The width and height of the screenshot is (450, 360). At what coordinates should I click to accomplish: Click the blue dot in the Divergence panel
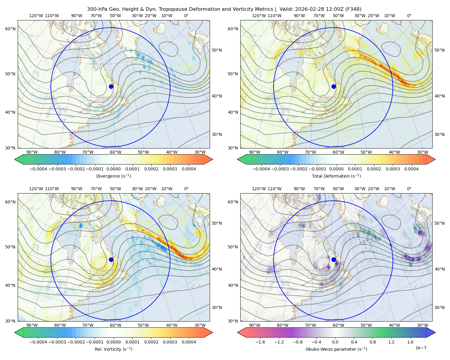pos(111,86)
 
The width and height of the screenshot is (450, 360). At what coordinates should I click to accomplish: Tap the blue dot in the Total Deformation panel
pos(334,86)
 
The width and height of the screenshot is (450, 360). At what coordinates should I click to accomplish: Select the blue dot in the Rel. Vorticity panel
pos(111,259)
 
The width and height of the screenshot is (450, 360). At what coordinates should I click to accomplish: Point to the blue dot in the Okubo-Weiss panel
pos(334,259)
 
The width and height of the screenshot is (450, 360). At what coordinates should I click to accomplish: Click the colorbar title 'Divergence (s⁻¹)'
pos(113,176)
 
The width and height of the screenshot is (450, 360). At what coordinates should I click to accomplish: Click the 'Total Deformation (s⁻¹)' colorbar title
pos(336,176)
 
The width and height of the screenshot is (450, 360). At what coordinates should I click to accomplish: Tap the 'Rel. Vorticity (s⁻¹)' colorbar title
pos(113,349)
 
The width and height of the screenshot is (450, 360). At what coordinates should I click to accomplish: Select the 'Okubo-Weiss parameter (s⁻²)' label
pos(336,349)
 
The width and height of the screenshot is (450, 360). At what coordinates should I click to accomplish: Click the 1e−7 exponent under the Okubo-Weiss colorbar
pos(421,348)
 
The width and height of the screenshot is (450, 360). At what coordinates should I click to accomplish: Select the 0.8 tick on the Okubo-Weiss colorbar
pos(373,342)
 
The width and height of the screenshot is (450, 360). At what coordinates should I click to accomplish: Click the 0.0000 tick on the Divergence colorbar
pos(113,169)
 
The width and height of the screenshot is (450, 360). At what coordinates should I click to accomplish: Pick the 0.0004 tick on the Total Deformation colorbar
pos(412,169)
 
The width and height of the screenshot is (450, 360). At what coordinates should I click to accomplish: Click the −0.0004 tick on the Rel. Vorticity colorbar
pos(38,342)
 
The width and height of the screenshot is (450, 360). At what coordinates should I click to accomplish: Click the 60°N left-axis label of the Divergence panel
pos(10,29)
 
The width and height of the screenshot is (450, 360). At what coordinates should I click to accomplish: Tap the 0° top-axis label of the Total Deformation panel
pos(409,16)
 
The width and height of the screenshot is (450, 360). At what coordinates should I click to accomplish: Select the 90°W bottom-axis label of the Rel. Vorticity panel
pos(32,325)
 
